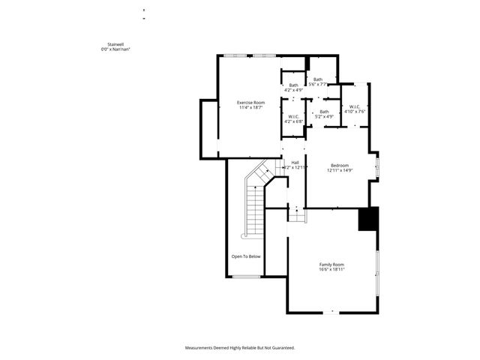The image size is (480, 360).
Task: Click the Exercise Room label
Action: point(251,102)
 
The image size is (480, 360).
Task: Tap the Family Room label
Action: point(331,265)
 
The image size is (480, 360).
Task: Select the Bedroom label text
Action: point(339,165)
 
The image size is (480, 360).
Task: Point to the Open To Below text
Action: point(246,256)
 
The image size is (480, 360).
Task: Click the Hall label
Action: point(295,163)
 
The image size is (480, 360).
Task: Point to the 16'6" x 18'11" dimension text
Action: point(331,269)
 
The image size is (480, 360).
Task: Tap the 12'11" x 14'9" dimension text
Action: point(339,170)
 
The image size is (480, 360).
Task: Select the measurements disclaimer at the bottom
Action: point(240,348)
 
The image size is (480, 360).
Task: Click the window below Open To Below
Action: point(245,277)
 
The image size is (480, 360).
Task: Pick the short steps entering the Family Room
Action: point(298,215)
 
